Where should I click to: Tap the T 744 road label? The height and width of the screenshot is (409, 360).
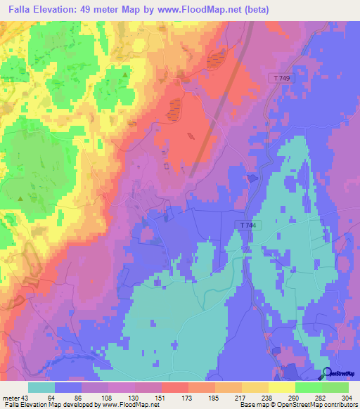pyautogui.click(x=243, y=223)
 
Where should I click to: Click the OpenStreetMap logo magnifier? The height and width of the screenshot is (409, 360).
pyautogui.click(x=327, y=374)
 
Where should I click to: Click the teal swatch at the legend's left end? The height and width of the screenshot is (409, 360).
pyautogui.click(x=41, y=387)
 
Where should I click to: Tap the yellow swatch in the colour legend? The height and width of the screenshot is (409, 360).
pyautogui.click(x=281, y=387)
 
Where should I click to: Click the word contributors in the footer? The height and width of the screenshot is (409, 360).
pyautogui.click(x=338, y=405)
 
